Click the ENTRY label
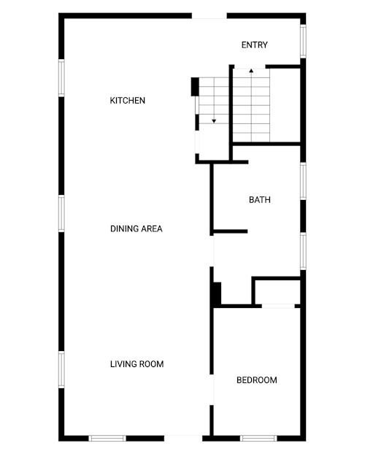[254, 45]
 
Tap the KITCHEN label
[128, 101]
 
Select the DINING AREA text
[137, 228]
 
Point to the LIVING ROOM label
[137, 364]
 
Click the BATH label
[260, 200]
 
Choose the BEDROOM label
[257, 380]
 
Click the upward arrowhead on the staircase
[251, 71]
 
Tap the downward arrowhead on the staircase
[214, 121]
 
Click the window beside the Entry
[303, 41]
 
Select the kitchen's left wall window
[61, 78]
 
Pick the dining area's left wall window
[61, 213]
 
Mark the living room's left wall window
[61, 369]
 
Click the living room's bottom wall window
[107, 439]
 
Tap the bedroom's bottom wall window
[258, 439]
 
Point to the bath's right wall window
[303, 181]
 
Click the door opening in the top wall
[210, 16]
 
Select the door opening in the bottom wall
[183, 438]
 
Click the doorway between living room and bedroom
[212, 390]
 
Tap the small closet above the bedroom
[277, 292]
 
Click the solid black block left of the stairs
[195, 87]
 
